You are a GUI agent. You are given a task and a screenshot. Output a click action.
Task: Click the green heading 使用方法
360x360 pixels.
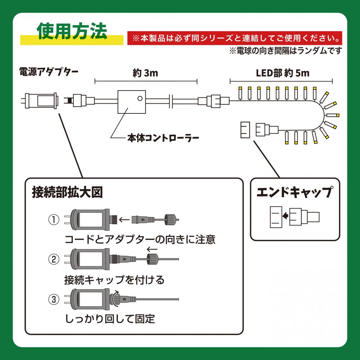click(x=72, y=32)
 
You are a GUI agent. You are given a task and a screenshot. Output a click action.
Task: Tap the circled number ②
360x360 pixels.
click(x=54, y=259)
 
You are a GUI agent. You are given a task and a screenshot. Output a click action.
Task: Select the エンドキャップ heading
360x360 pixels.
click(x=294, y=192)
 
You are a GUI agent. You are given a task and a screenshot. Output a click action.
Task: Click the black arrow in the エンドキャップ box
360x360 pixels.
click(x=285, y=216)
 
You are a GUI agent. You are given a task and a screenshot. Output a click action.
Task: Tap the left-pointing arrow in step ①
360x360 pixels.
click(x=124, y=219)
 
